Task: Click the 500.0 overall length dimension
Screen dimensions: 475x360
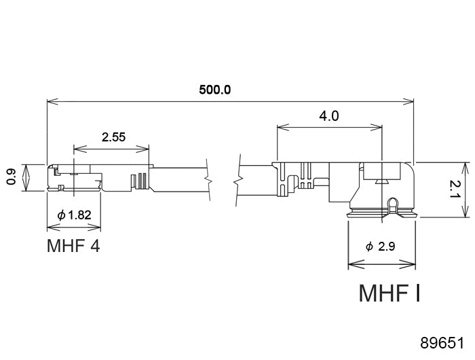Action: tap(215, 90)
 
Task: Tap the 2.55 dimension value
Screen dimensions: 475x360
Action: tap(113, 137)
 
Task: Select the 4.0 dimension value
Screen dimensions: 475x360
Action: tap(329, 116)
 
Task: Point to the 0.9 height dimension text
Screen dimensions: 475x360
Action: tap(12, 177)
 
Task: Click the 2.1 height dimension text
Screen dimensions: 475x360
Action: tap(455, 190)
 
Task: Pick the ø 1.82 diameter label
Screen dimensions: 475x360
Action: tap(74, 215)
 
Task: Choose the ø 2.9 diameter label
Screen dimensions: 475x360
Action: tap(381, 247)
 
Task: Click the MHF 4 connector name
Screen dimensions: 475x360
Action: tap(73, 246)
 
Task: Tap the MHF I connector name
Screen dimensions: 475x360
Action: tap(389, 293)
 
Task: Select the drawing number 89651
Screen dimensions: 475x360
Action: tap(442, 343)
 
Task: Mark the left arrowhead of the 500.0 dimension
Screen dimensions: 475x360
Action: tap(53, 102)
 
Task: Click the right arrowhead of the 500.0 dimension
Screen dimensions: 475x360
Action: tap(407, 102)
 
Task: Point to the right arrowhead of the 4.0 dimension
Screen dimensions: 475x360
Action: tap(376, 128)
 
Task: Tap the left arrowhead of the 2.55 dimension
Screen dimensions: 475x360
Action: tap(80, 149)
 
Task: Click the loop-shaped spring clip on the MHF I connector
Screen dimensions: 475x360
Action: tap(393, 206)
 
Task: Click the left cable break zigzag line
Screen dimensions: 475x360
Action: tap(209, 179)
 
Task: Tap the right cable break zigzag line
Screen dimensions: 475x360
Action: tap(237, 180)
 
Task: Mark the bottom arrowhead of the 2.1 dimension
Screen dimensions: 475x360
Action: tap(465, 211)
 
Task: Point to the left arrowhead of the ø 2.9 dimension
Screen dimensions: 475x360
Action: tap(354, 264)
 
